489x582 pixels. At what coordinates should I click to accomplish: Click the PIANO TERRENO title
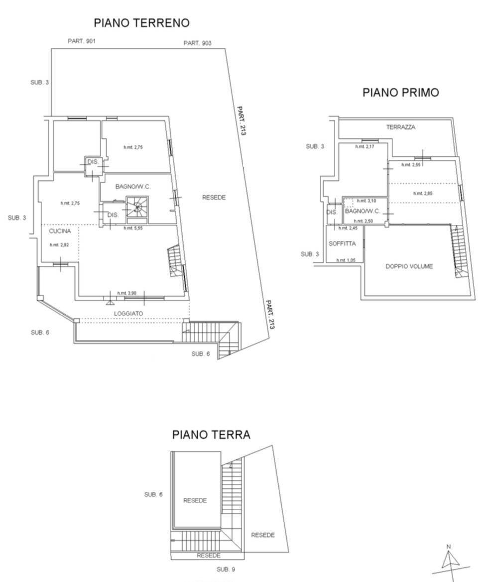[x=141, y=23]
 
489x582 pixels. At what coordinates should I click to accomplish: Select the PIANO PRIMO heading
[x=400, y=92]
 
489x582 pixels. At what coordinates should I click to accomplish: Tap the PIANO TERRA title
[x=211, y=435]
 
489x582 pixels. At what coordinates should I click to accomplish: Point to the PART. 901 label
[x=82, y=41]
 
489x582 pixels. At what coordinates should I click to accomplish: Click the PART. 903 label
[x=197, y=43]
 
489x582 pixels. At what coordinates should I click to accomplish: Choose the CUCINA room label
[x=60, y=231]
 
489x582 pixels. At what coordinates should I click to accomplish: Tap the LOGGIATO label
[x=128, y=313]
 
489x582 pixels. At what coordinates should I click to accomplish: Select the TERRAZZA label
[x=400, y=127]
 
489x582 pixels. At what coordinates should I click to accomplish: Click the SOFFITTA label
[x=342, y=243]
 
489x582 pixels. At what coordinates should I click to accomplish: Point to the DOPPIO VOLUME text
[x=409, y=266]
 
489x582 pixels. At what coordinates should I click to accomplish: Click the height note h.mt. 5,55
[x=133, y=228]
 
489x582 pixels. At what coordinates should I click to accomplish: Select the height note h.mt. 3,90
[x=126, y=293]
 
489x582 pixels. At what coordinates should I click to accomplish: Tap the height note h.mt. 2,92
[x=58, y=245]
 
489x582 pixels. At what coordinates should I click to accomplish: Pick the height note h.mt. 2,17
[x=364, y=147]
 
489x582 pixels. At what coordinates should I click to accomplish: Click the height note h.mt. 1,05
[x=345, y=260]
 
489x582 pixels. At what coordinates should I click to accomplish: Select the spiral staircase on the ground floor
[x=137, y=208]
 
